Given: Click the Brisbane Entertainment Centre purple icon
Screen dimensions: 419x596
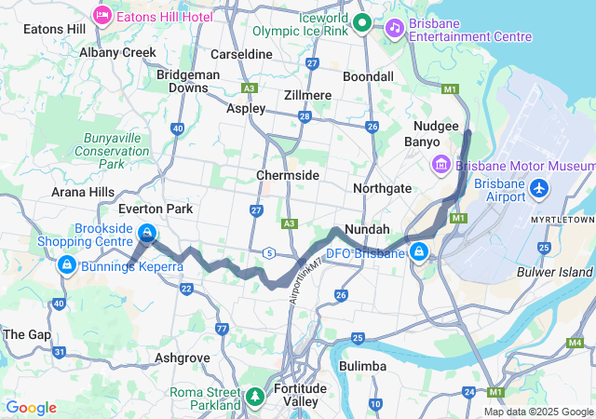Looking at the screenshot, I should coord(395,27).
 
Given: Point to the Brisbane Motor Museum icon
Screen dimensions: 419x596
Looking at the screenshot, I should coord(441,165).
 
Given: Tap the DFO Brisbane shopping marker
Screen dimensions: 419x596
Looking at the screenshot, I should coord(420,252).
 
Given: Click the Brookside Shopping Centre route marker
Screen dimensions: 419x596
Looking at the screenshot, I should coord(146,233).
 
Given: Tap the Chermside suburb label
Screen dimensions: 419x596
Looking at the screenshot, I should coord(288,175).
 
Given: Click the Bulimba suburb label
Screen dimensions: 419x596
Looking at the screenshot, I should coord(363,366).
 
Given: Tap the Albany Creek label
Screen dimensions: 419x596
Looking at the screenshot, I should coord(118,52).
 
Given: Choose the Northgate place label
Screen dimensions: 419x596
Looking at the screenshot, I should coord(382,188).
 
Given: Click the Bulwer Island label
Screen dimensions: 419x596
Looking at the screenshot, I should coord(554,272).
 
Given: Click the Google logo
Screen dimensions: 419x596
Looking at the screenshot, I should coord(31,408).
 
